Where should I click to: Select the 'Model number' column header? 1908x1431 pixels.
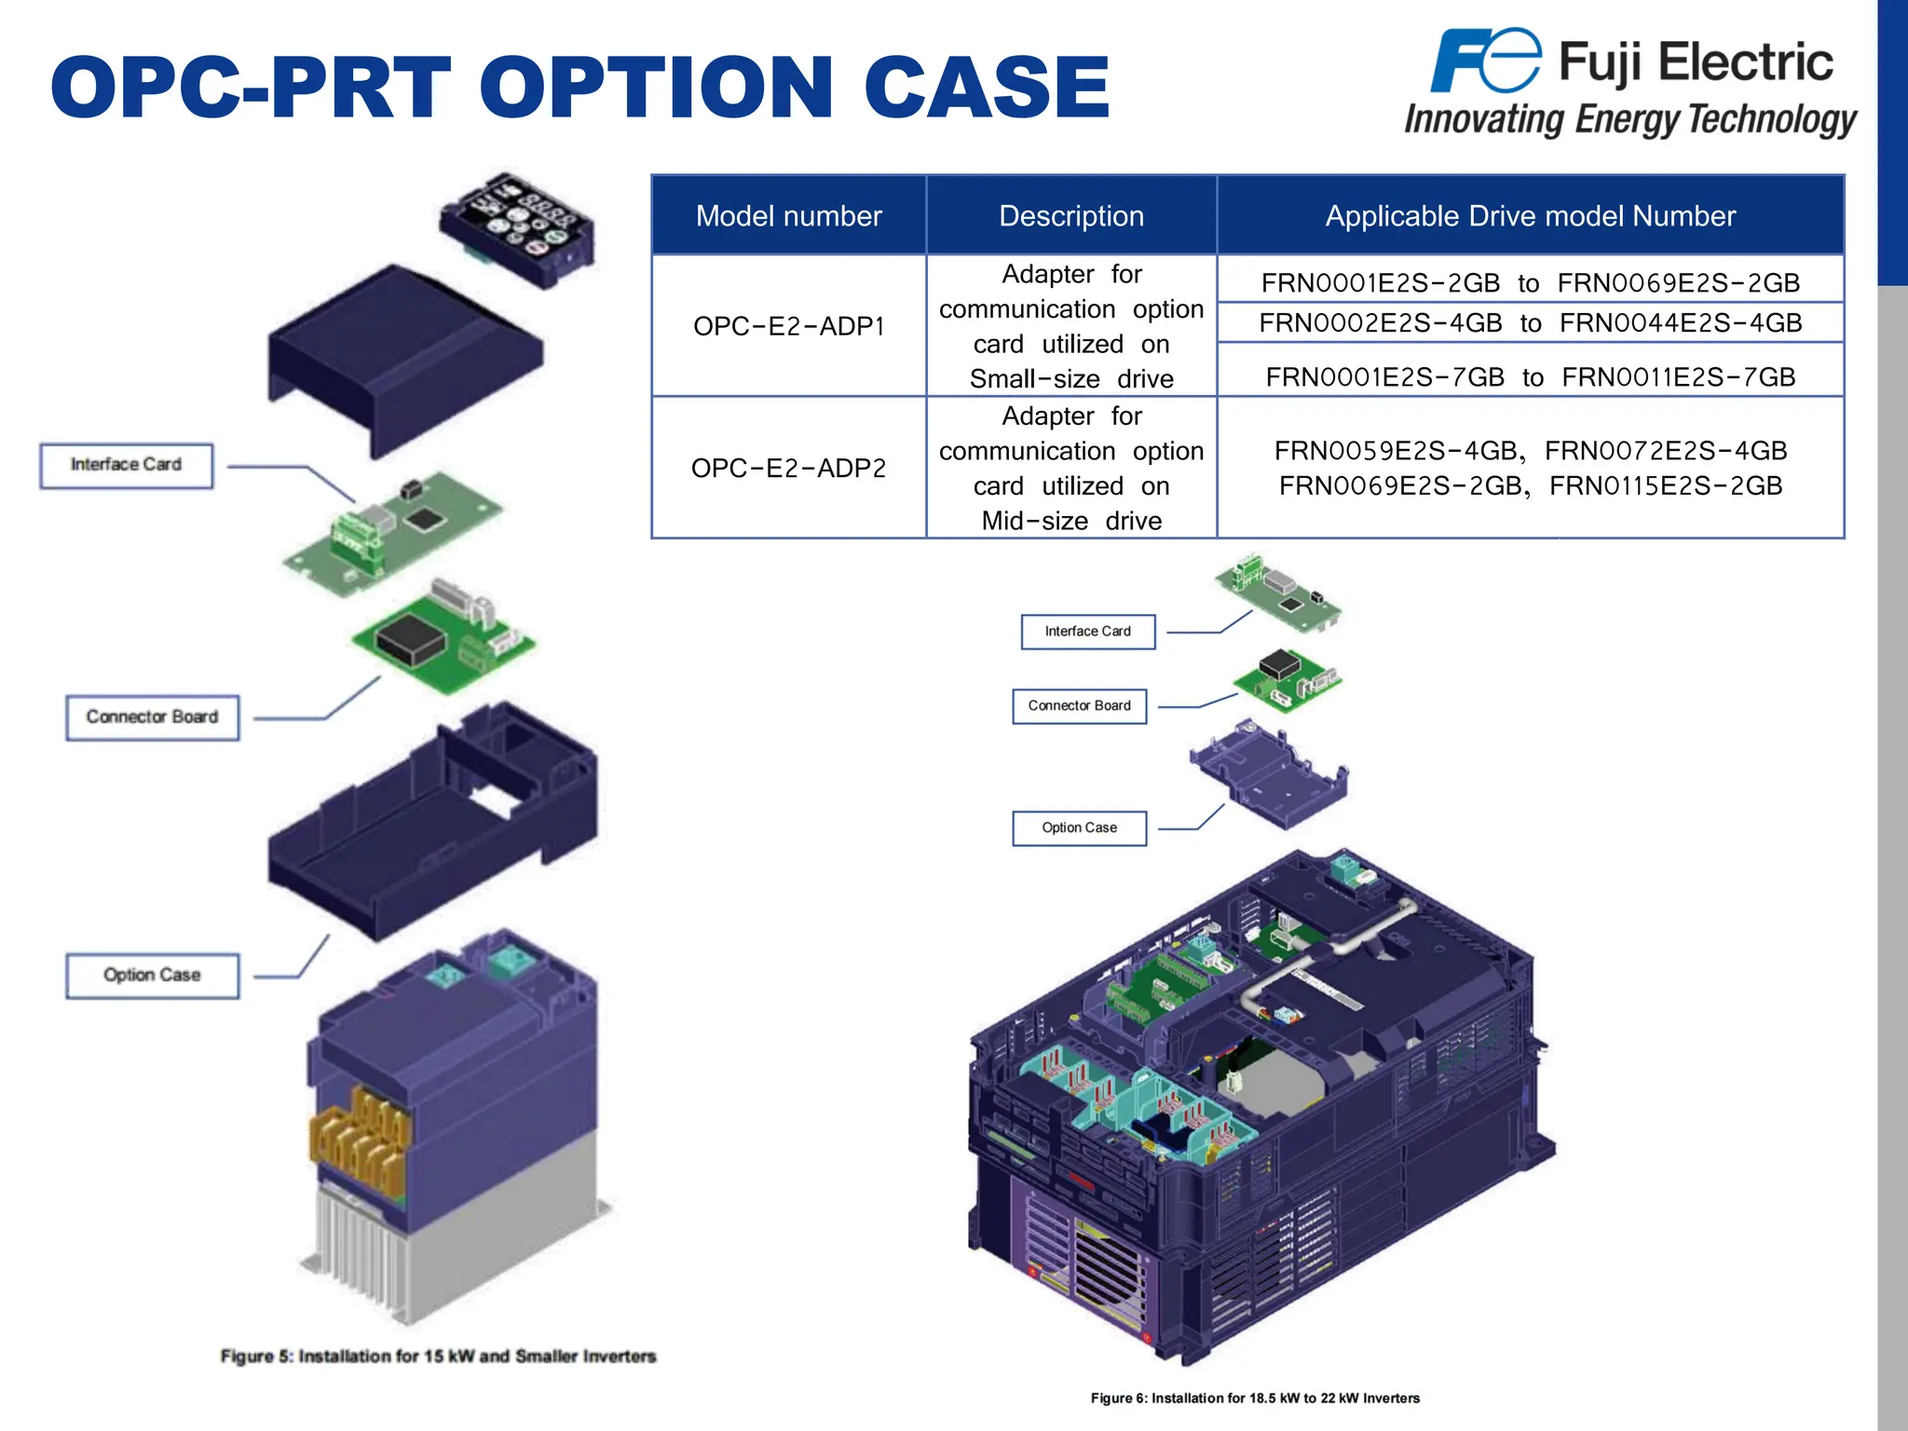pos(788,216)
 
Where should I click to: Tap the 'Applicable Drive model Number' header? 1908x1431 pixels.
pos(1530,216)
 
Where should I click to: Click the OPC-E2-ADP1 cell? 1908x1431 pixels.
pos(788,326)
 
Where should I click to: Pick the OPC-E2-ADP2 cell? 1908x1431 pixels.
pos(788,468)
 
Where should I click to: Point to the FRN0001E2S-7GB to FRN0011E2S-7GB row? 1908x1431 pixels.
pos(1530,376)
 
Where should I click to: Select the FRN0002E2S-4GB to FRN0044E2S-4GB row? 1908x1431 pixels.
pos(1530,322)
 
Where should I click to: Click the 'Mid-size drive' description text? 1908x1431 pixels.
pos(1071,521)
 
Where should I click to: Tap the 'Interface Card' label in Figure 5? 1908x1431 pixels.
pos(126,465)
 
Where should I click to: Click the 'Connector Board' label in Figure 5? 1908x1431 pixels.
pos(152,717)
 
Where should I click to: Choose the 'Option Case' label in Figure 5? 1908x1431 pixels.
pos(152,975)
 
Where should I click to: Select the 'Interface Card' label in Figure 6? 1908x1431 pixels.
pos(1087,632)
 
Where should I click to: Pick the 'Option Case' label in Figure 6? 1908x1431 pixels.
pos(1079,828)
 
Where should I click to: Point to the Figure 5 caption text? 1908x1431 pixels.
pos(438,1356)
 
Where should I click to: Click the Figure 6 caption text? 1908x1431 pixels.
pos(1255,1398)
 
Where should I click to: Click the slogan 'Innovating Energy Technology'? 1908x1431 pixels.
pos(1630,120)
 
